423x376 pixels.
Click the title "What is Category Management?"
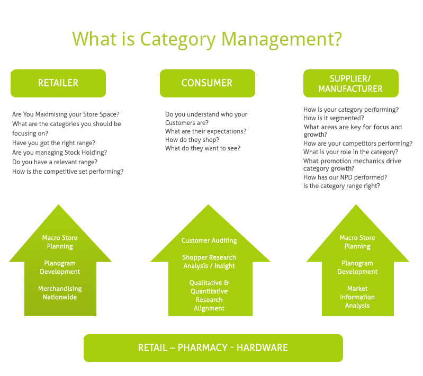coord(206,39)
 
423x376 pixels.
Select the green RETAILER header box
coord(58,83)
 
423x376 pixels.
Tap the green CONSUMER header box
coord(207,83)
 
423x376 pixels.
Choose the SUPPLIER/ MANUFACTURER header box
coord(350,83)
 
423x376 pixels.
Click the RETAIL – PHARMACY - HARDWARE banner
coord(213,348)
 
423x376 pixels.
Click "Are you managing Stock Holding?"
coord(59,153)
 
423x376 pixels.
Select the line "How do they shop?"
coord(192,140)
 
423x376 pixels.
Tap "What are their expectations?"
coord(205,131)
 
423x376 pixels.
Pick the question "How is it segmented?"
coord(334,118)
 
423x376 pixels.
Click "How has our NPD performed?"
coord(345,177)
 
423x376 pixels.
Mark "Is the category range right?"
coord(342,186)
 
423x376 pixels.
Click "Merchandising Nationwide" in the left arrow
coord(60,293)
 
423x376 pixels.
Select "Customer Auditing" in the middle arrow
coord(209,240)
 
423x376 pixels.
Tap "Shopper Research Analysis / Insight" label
coord(209,262)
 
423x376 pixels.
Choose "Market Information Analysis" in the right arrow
coord(357,297)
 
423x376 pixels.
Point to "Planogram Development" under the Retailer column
coord(60,267)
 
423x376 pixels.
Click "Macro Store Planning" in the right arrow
coord(357,242)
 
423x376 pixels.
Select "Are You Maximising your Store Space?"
coord(66,114)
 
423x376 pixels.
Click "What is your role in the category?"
coord(350,152)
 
